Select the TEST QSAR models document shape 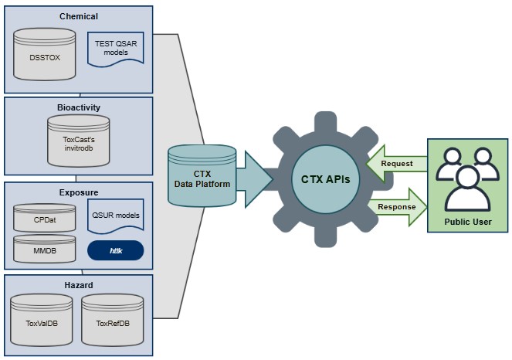click(116, 48)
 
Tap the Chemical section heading click(79, 15)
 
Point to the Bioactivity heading click(79, 107)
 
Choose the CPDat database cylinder click(45, 218)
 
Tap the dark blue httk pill click(116, 250)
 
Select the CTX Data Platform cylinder click(202, 178)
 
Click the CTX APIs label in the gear click(326, 180)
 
